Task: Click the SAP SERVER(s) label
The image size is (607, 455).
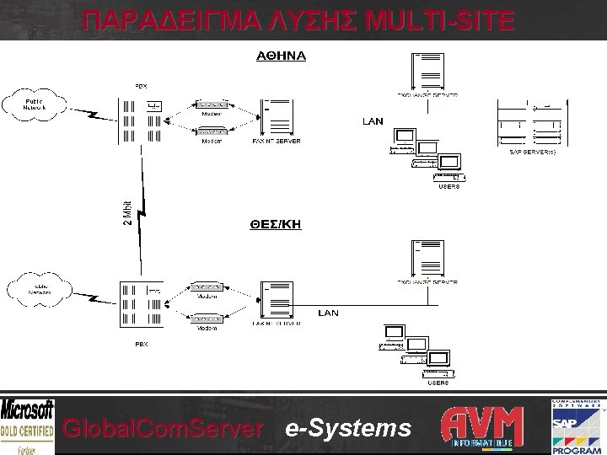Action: coord(533,153)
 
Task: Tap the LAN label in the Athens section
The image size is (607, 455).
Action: coord(373,121)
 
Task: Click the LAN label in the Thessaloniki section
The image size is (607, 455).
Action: coord(328,313)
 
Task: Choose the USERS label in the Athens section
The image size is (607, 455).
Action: coord(449,186)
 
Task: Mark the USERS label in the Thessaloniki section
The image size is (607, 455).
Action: coord(437,382)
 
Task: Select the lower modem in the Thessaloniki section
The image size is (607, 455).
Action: coord(207,318)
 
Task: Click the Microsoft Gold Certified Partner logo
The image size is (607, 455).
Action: coord(28,426)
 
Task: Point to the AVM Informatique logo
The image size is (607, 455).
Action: coord(483,426)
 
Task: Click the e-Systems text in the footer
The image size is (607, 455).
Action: coord(348,429)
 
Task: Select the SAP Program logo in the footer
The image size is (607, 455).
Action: coord(578,426)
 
